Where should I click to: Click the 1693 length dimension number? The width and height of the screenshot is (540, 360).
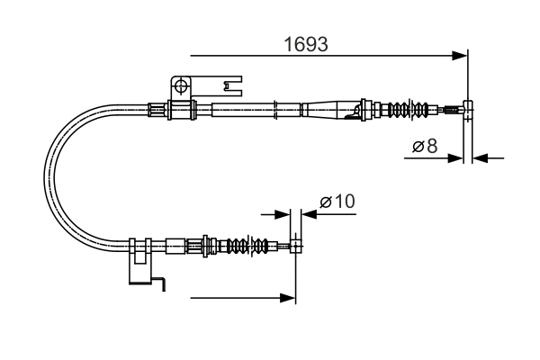(306, 42)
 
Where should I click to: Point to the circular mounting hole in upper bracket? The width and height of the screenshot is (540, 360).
(182, 86)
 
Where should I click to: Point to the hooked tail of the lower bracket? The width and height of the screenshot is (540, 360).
(161, 285)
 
